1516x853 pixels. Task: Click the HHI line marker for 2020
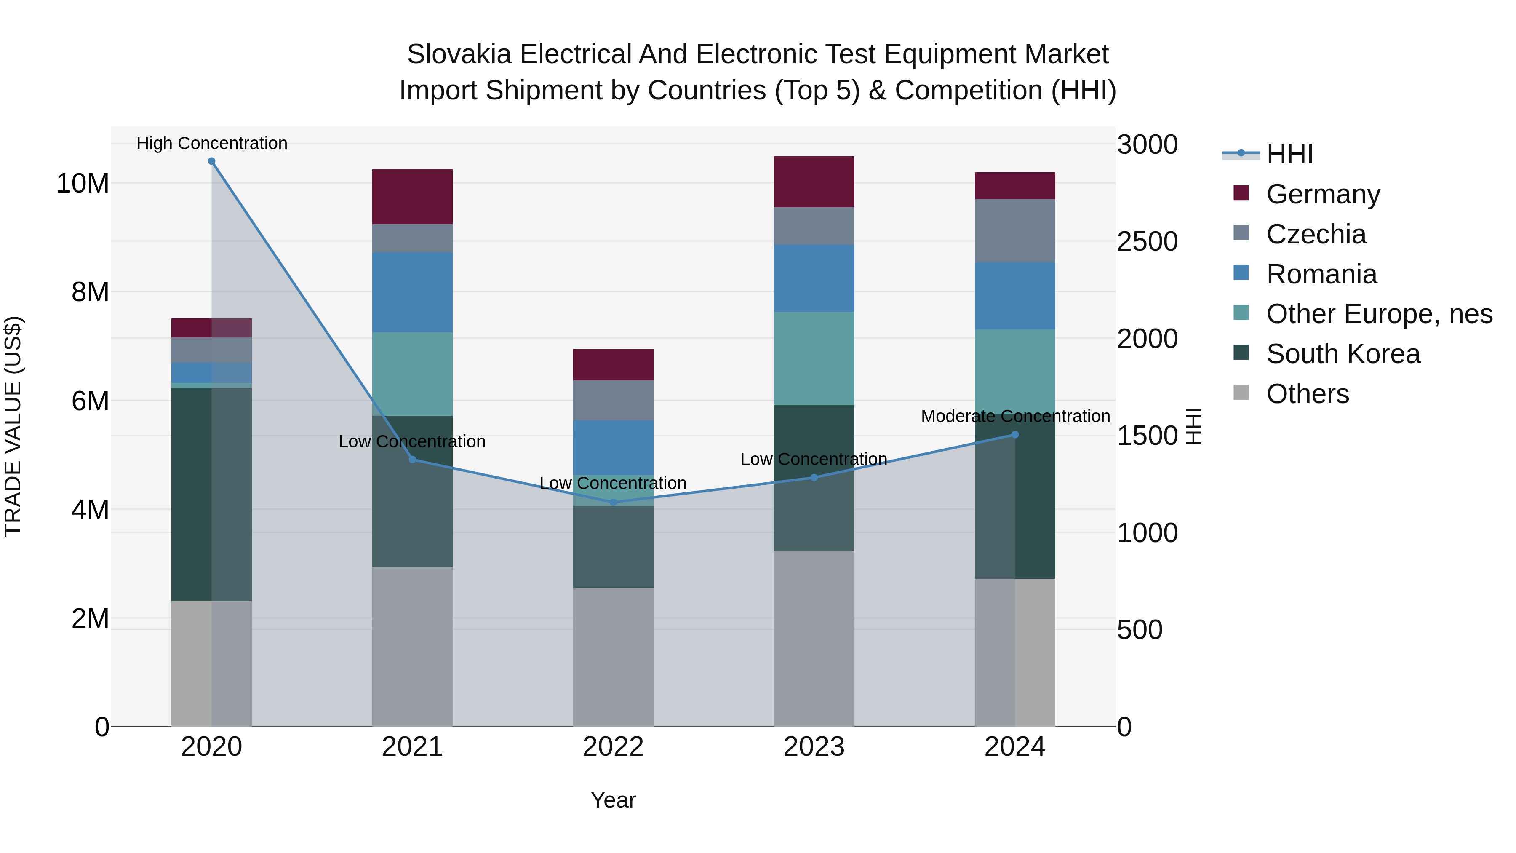coord(211,161)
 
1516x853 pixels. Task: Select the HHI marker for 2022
coord(613,502)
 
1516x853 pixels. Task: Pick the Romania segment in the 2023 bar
coord(814,278)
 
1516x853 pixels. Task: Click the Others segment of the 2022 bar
coord(613,656)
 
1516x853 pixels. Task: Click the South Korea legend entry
coord(1343,354)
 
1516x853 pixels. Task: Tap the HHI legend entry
coord(1289,154)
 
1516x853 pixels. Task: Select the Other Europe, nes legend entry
coord(1379,314)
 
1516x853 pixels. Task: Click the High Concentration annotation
coord(212,143)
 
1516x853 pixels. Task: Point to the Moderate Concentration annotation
coord(1015,416)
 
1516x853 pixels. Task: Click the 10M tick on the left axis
coord(83,184)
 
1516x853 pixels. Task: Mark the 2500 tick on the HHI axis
coord(1147,241)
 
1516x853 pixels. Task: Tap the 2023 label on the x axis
coord(814,747)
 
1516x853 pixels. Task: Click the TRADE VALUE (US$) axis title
coord(13,426)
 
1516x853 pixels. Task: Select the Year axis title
coord(613,800)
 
